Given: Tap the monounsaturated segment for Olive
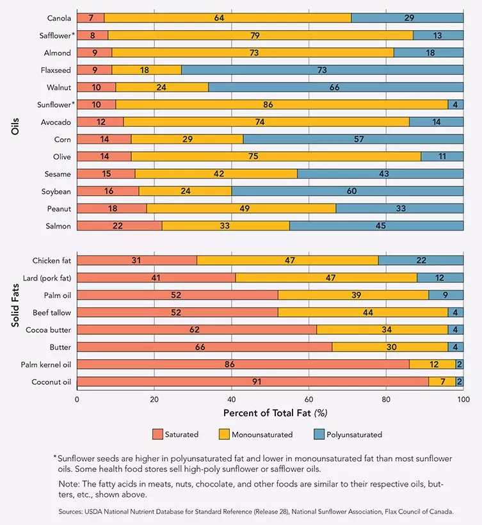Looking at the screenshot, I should click(276, 156).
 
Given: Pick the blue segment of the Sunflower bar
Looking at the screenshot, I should click(456, 104).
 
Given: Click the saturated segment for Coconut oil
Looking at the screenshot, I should click(253, 382).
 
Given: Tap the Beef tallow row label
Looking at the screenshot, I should click(52, 312).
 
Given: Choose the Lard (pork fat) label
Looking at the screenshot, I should click(47, 278).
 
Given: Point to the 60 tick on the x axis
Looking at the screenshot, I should click(309, 399).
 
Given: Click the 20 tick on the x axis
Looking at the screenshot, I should click(154, 399).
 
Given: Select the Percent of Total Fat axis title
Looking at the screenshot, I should click(275, 413).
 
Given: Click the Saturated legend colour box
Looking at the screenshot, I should click(157, 435).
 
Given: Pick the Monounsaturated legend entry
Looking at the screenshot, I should click(262, 435).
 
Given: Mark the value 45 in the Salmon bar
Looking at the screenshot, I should click(376, 226).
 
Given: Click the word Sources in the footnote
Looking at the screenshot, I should click(72, 512).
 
